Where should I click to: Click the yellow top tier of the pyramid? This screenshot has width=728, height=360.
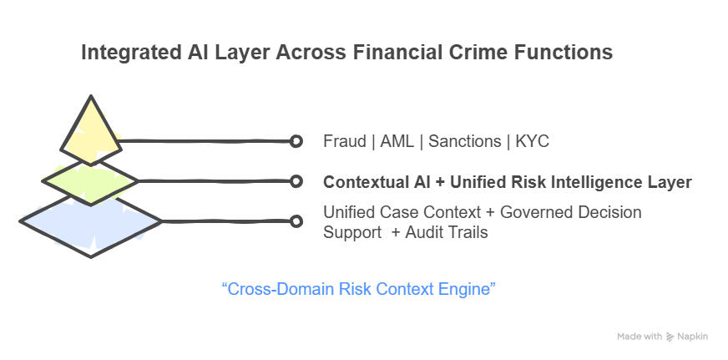pos(89,134)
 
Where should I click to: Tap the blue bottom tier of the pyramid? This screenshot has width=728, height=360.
pos(89,221)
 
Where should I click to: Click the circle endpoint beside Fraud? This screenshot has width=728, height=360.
pos(296,141)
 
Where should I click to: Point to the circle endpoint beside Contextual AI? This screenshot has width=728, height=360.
pos(296,181)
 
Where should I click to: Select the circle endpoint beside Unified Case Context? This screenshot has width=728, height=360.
pos(296,221)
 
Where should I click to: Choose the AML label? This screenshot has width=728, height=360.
pos(397,141)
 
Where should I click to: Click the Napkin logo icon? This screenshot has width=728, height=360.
pos(670,337)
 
